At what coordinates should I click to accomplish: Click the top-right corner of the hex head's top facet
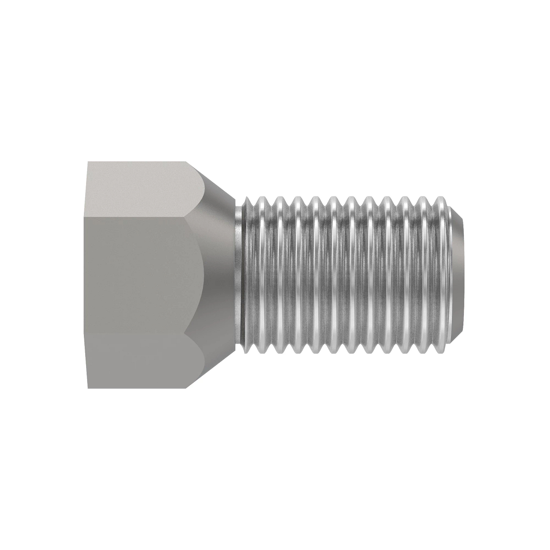pyautogui.click(x=187, y=161)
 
